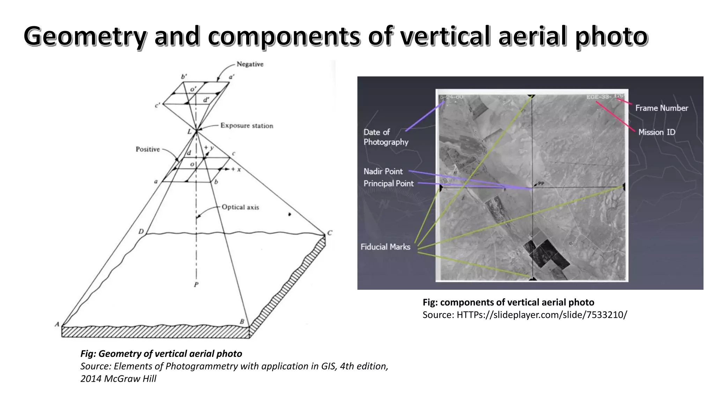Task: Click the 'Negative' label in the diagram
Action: click(x=250, y=64)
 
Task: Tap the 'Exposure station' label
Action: click(x=246, y=126)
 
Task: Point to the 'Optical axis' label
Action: click(x=240, y=207)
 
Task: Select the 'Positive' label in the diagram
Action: click(x=148, y=149)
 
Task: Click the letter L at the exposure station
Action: click(x=189, y=132)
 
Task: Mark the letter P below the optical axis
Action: click(x=196, y=285)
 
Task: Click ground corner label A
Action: click(x=57, y=325)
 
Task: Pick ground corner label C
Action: click(x=329, y=233)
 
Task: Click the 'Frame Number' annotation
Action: click(x=661, y=108)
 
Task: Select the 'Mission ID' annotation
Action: click(x=656, y=132)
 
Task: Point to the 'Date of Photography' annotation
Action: click(x=385, y=137)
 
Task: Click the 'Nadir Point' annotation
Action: click(x=383, y=171)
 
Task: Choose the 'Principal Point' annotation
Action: click(x=388, y=184)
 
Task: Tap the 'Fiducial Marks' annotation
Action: click(x=385, y=247)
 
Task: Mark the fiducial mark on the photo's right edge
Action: click(x=624, y=187)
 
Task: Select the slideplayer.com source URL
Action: click(x=542, y=315)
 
